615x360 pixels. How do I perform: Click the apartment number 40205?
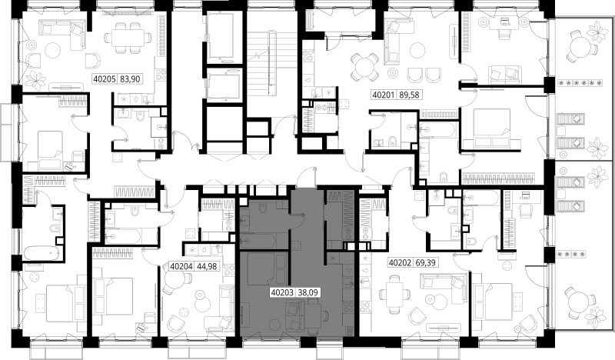[105, 79]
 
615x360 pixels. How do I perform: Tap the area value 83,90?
[130, 79]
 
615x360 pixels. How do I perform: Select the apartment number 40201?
[383, 95]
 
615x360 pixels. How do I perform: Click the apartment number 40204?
[181, 266]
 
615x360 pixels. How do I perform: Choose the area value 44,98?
[207, 266]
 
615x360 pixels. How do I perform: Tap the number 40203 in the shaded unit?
[282, 292]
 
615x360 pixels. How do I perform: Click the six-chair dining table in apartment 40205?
[128, 38]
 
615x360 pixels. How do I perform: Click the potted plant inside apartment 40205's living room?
[36, 79]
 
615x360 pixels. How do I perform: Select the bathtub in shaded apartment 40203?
[259, 239]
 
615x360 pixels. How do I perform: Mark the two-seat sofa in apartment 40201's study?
[504, 75]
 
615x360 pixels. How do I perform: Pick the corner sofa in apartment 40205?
[63, 33]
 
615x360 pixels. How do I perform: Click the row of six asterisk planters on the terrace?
[580, 83]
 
